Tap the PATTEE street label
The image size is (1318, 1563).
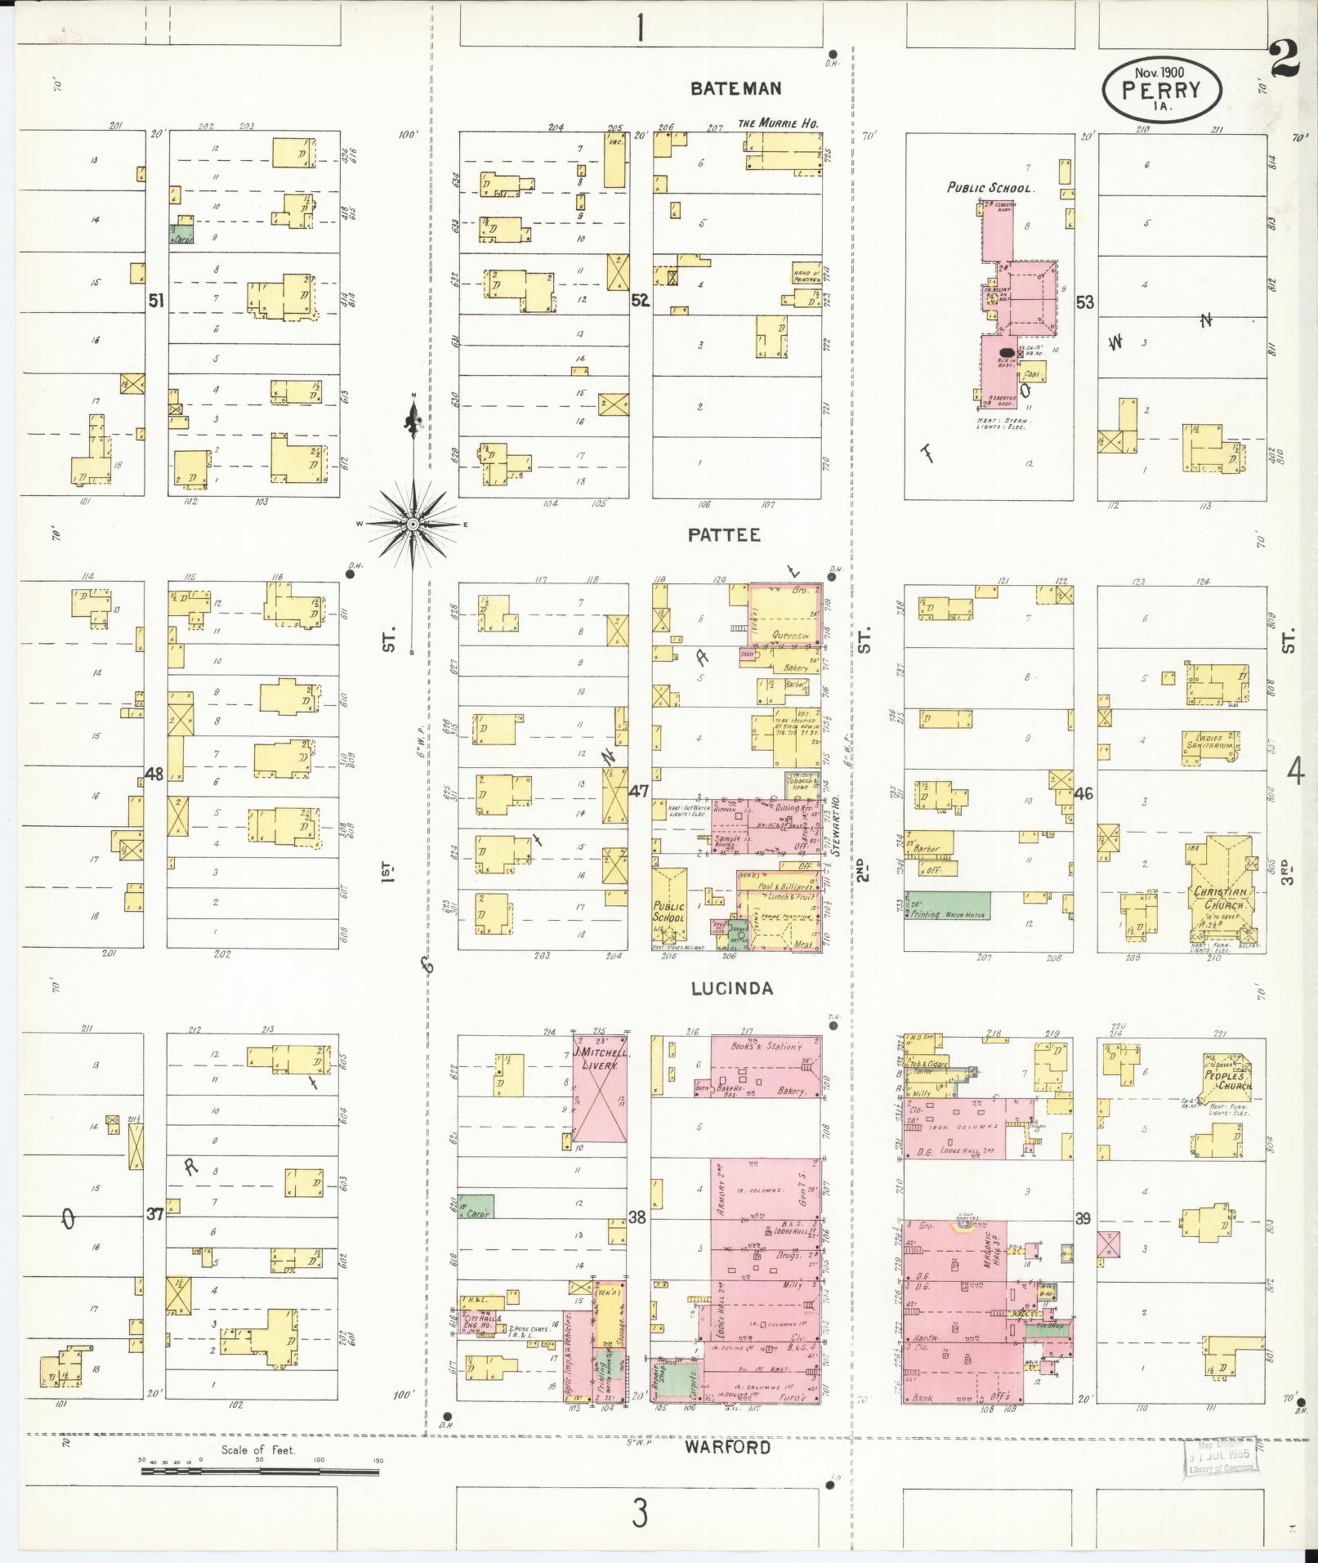click(x=724, y=535)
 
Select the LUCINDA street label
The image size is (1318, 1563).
click(x=731, y=989)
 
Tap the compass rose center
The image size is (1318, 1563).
click(x=413, y=523)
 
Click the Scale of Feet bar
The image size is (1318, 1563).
click(x=260, y=1471)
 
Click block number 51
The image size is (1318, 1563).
click(x=155, y=301)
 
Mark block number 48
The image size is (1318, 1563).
click(x=154, y=773)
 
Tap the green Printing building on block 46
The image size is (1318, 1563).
click(x=947, y=904)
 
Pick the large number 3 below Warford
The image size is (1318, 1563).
click(x=640, y=1513)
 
